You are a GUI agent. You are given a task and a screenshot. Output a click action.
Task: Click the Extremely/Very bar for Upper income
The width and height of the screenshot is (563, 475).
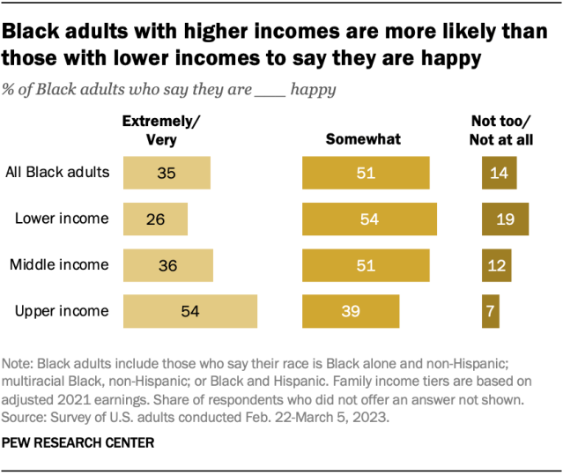coord(189,310)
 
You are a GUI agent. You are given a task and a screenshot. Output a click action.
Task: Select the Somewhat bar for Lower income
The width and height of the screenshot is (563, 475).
coord(369,219)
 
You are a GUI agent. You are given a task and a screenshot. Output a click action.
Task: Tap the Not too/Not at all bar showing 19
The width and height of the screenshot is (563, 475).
coord(505,219)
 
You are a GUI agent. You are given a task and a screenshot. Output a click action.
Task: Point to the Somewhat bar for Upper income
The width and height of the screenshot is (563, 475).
coord(351,310)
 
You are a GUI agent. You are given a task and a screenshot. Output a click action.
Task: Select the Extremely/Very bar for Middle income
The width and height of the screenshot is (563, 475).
coord(168,264)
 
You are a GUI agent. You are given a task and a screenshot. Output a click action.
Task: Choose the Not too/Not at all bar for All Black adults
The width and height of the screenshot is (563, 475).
coord(499,173)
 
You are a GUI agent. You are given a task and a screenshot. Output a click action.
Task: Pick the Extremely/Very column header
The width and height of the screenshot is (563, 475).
coord(154,131)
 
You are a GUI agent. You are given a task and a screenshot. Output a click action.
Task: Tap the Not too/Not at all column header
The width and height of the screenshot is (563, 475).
coord(502,131)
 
